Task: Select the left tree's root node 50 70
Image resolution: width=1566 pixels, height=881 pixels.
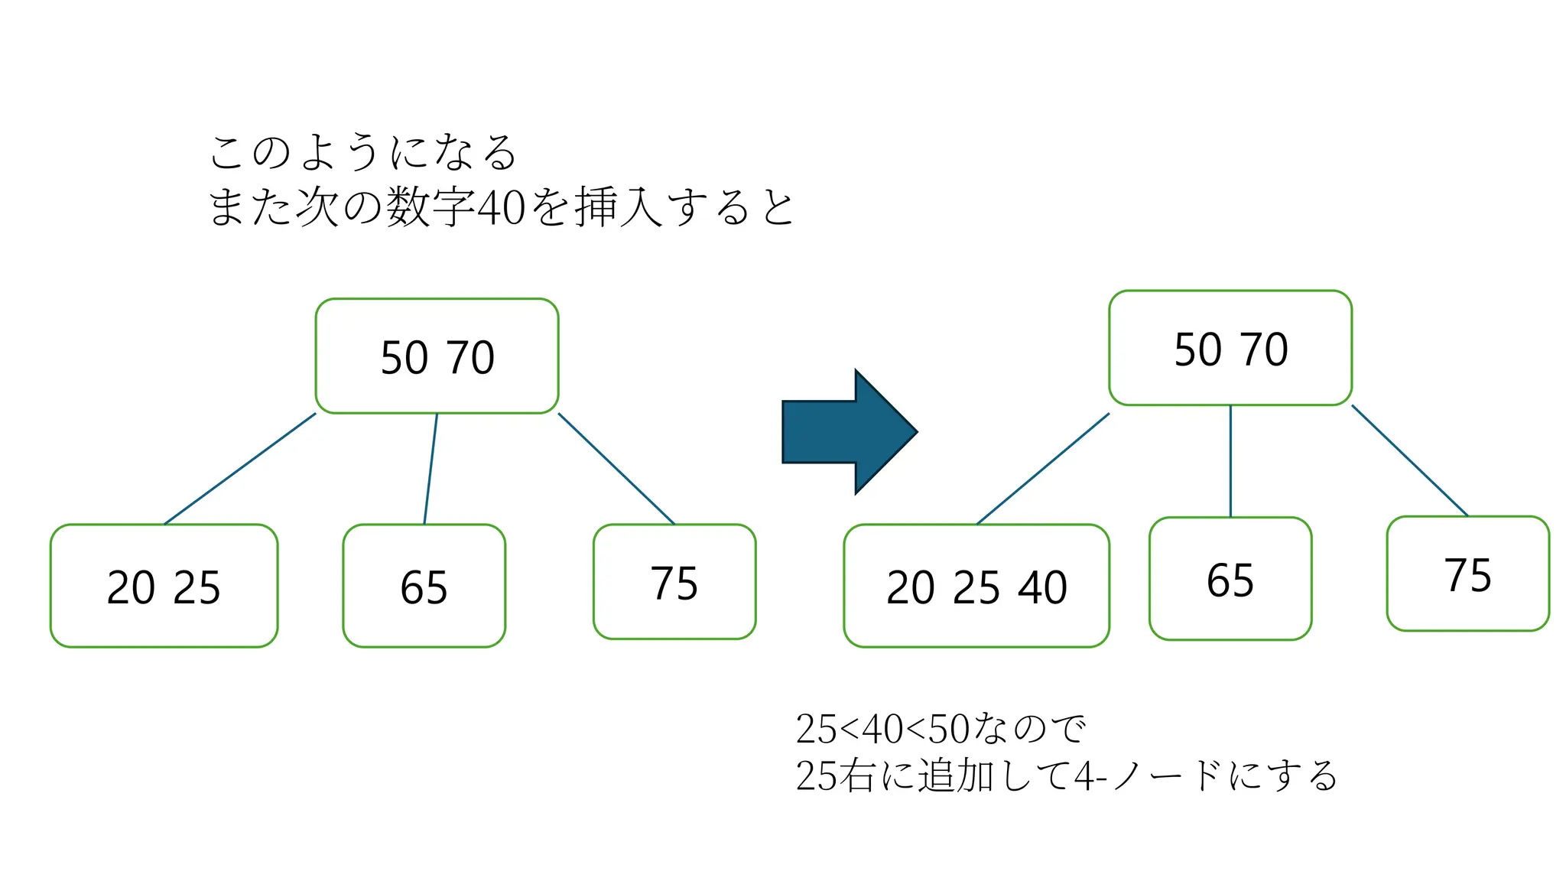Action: coord(437,356)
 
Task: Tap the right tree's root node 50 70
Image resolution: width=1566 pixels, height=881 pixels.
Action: coord(1230,349)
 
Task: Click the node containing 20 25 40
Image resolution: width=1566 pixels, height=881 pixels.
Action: coord(976,587)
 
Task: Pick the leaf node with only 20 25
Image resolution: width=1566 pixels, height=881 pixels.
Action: coord(164,587)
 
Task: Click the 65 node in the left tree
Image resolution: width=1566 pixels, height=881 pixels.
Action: coord(424,587)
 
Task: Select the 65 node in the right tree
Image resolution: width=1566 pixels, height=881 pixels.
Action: coord(1230,579)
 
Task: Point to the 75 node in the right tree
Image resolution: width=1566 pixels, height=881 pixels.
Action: coord(1467,574)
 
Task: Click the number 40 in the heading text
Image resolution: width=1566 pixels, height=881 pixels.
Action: coord(501,207)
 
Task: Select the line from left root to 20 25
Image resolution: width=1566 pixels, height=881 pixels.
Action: coord(240,469)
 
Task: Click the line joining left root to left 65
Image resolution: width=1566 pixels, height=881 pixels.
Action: coord(430,469)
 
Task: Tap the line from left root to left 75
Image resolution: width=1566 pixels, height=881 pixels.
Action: coord(616,469)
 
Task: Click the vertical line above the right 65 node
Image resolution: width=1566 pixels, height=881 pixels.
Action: coord(1230,461)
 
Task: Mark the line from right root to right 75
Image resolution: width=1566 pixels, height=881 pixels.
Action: coord(1409,460)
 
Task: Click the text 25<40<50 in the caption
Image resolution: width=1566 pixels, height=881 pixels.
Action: coord(882,729)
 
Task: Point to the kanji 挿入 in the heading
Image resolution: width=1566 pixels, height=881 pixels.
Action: coord(618,207)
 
